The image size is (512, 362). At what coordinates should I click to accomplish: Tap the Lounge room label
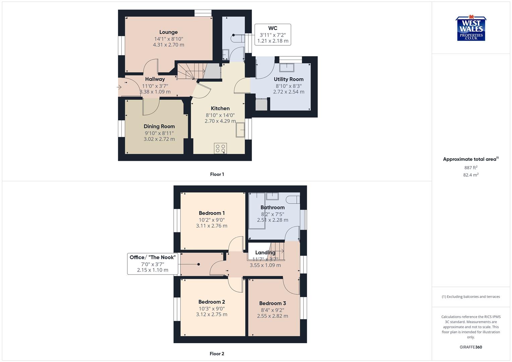pos(168,32)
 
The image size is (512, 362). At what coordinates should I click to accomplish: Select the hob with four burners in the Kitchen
pos(220,148)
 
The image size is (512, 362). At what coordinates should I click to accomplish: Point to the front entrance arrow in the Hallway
pos(119,87)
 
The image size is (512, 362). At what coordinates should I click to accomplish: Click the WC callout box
pos(273,35)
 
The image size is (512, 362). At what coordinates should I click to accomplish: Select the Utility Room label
pos(288,79)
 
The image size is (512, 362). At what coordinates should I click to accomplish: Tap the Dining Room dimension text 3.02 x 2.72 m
pos(159,139)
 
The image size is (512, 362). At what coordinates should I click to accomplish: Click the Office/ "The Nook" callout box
pos(153,264)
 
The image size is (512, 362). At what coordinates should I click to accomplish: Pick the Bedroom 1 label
pos(212,213)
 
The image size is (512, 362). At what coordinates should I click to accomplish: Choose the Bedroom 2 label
pos(212,302)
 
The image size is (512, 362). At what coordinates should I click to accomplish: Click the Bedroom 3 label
pos(272,303)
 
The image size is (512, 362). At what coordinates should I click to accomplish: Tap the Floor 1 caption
pos(217,174)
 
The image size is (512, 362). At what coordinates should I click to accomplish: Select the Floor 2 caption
pos(217,354)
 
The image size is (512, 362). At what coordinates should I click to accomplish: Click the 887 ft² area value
pos(471,168)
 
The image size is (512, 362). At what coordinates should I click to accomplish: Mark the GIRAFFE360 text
pos(471,347)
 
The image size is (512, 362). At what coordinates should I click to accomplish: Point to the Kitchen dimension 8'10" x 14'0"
pos(220,115)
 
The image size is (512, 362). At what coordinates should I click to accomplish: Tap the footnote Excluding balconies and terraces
pos(471,297)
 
